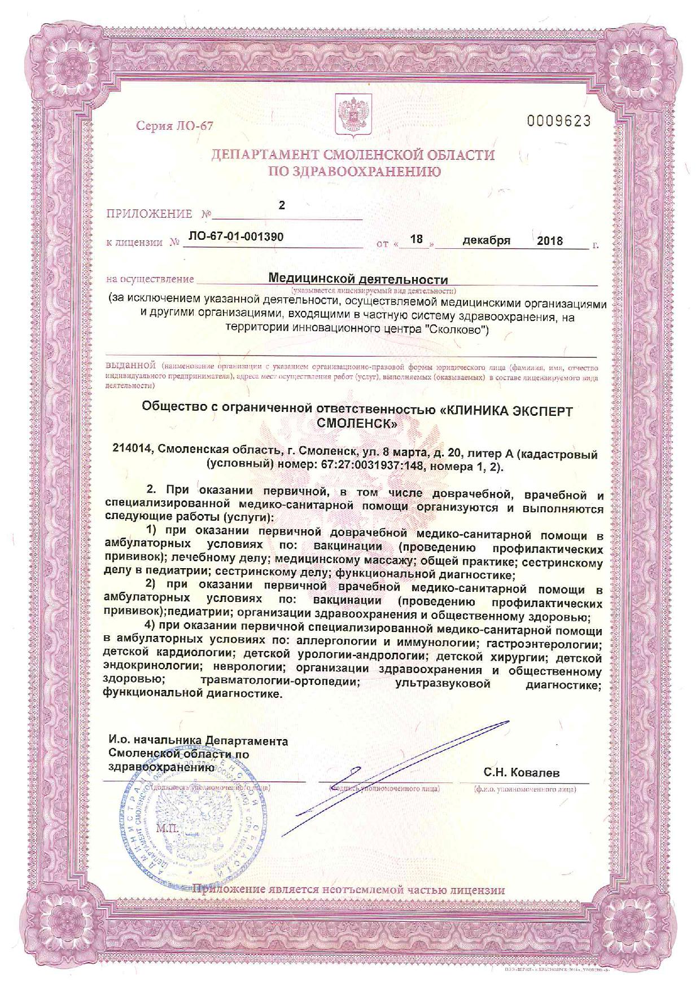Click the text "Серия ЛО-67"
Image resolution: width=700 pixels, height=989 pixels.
click(175, 125)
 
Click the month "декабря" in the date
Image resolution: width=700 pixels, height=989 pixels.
click(486, 240)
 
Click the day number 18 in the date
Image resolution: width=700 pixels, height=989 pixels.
click(417, 239)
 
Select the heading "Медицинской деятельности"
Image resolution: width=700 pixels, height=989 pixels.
click(358, 279)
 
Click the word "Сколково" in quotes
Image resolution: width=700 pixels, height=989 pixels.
click(459, 329)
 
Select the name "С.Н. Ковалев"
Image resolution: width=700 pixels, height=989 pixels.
click(522, 772)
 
